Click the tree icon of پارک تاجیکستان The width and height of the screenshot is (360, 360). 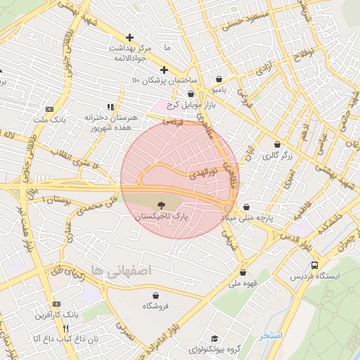pyautogui.click(x=162, y=205)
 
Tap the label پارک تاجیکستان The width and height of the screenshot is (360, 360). pyautogui.click(x=162, y=218)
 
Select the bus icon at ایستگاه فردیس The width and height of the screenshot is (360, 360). pyautogui.click(x=314, y=265)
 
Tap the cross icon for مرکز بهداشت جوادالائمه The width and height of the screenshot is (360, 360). pyautogui.click(x=129, y=37)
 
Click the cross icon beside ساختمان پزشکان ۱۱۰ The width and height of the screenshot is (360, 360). pyautogui.click(x=164, y=70)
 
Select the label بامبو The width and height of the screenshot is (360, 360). pyautogui.click(x=221, y=91)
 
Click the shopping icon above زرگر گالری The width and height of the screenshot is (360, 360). pyautogui.click(x=276, y=144)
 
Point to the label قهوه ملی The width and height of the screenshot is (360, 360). pyautogui.click(x=243, y=284)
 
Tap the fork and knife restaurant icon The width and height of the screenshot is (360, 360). pyautogui.click(x=66, y=328)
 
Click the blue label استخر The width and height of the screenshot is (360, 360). pyautogui.click(x=270, y=335)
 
